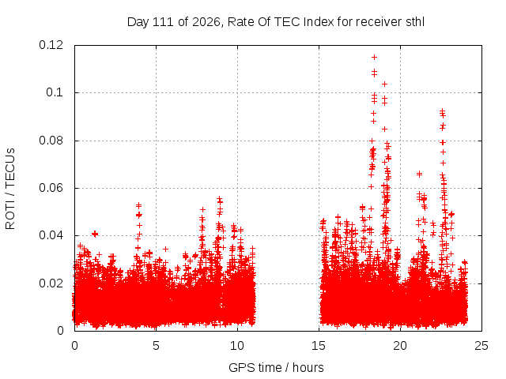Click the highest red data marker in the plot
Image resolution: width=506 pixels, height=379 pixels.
[374, 58]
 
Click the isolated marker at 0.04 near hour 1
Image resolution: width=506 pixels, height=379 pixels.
[95, 234]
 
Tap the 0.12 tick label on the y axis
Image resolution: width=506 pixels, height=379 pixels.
[51, 45]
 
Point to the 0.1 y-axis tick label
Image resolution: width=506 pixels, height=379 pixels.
[55, 92]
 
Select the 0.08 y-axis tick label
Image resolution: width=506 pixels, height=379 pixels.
[51, 141]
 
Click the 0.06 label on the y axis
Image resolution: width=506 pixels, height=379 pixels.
[51, 188]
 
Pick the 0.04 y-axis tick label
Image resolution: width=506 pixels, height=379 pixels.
[51, 235]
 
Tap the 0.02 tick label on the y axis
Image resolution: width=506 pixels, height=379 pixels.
[51, 283]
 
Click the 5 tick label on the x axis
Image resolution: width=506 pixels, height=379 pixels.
[157, 346]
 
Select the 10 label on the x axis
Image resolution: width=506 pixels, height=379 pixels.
[237, 346]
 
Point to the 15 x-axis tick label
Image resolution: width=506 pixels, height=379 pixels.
[319, 346]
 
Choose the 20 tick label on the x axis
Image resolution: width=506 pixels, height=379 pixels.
[400, 346]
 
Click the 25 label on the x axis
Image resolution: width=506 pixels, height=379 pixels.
[481, 346]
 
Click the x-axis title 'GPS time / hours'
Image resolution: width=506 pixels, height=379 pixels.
[276, 367]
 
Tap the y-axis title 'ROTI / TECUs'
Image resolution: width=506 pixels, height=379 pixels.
[10, 189]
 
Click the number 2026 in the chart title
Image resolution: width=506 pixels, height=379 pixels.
[206, 22]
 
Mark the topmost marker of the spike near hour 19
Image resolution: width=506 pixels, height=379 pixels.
[384, 84]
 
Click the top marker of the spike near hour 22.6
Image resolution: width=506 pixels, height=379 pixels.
[443, 111]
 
